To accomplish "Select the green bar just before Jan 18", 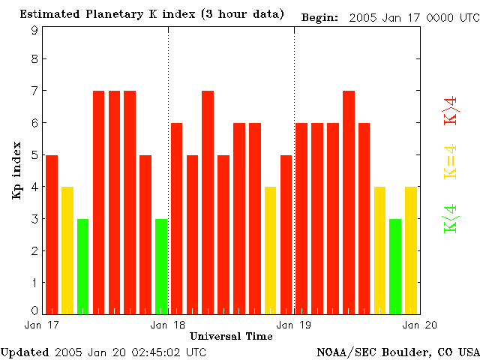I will (x=161, y=266).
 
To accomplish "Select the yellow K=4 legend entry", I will (x=451, y=162).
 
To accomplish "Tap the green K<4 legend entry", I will (x=451, y=218).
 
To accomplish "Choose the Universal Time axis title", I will (x=231, y=336).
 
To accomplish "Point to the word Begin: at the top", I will (x=319, y=16).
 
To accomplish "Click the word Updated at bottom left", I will (x=25, y=351).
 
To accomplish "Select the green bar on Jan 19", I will (x=395, y=266).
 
